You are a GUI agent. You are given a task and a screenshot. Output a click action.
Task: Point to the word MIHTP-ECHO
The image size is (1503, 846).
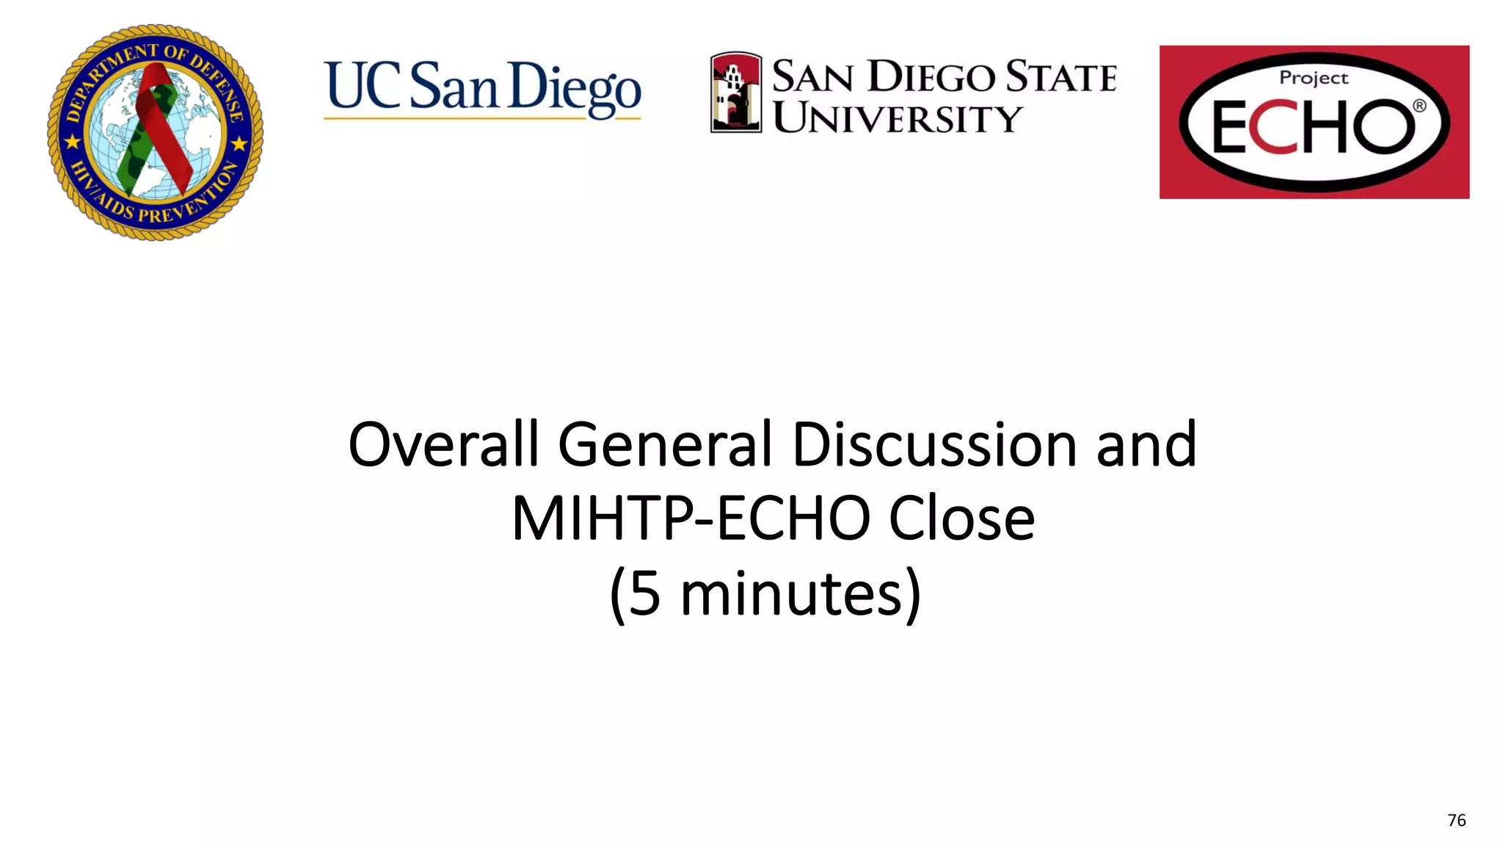point(691,518)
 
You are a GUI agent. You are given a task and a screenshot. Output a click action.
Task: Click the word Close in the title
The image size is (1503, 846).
point(961,518)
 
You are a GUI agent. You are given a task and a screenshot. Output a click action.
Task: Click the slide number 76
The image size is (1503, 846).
point(1456,820)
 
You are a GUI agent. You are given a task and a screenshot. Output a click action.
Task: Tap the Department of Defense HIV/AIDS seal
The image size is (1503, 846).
point(155,132)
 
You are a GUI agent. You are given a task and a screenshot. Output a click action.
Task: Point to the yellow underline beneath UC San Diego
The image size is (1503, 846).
point(482,117)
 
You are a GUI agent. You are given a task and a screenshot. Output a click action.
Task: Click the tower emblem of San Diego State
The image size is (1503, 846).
point(735,93)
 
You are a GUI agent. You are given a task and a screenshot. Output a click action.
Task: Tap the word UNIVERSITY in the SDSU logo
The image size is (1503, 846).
point(897,118)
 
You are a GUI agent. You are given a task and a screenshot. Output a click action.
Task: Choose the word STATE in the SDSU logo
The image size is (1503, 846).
point(1060,76)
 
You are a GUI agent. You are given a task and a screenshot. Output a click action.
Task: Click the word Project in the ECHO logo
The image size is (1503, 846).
point(1314,78)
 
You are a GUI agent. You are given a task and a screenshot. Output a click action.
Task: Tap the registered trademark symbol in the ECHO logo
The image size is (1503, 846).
point(1419,106)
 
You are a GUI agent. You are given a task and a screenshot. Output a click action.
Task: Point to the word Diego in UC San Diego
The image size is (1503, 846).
point(574,88)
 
